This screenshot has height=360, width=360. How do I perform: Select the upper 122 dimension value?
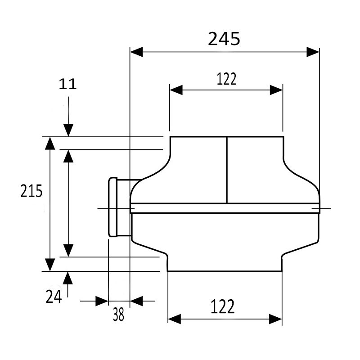point(226,79)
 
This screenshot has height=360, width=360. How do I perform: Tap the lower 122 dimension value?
point(223,307)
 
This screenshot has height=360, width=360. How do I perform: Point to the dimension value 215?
point(31,191)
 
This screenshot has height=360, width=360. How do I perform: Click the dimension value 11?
point(67,84)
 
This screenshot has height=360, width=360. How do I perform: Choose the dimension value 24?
point(54,296)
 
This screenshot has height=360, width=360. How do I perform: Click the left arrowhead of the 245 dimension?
point(136,52)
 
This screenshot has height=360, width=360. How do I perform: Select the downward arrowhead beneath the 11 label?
point(68,130)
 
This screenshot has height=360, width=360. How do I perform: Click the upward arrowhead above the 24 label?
point(68,278)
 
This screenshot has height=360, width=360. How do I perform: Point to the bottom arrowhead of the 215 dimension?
point(50,264)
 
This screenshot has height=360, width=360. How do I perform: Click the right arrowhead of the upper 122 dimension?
point(276,90)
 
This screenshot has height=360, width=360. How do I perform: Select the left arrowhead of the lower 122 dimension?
point(175,319)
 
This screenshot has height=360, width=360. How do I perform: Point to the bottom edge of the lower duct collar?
point(225,271)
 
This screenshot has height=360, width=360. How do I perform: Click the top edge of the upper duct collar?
point(226,136)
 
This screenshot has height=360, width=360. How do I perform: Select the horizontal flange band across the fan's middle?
point(225,208)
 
